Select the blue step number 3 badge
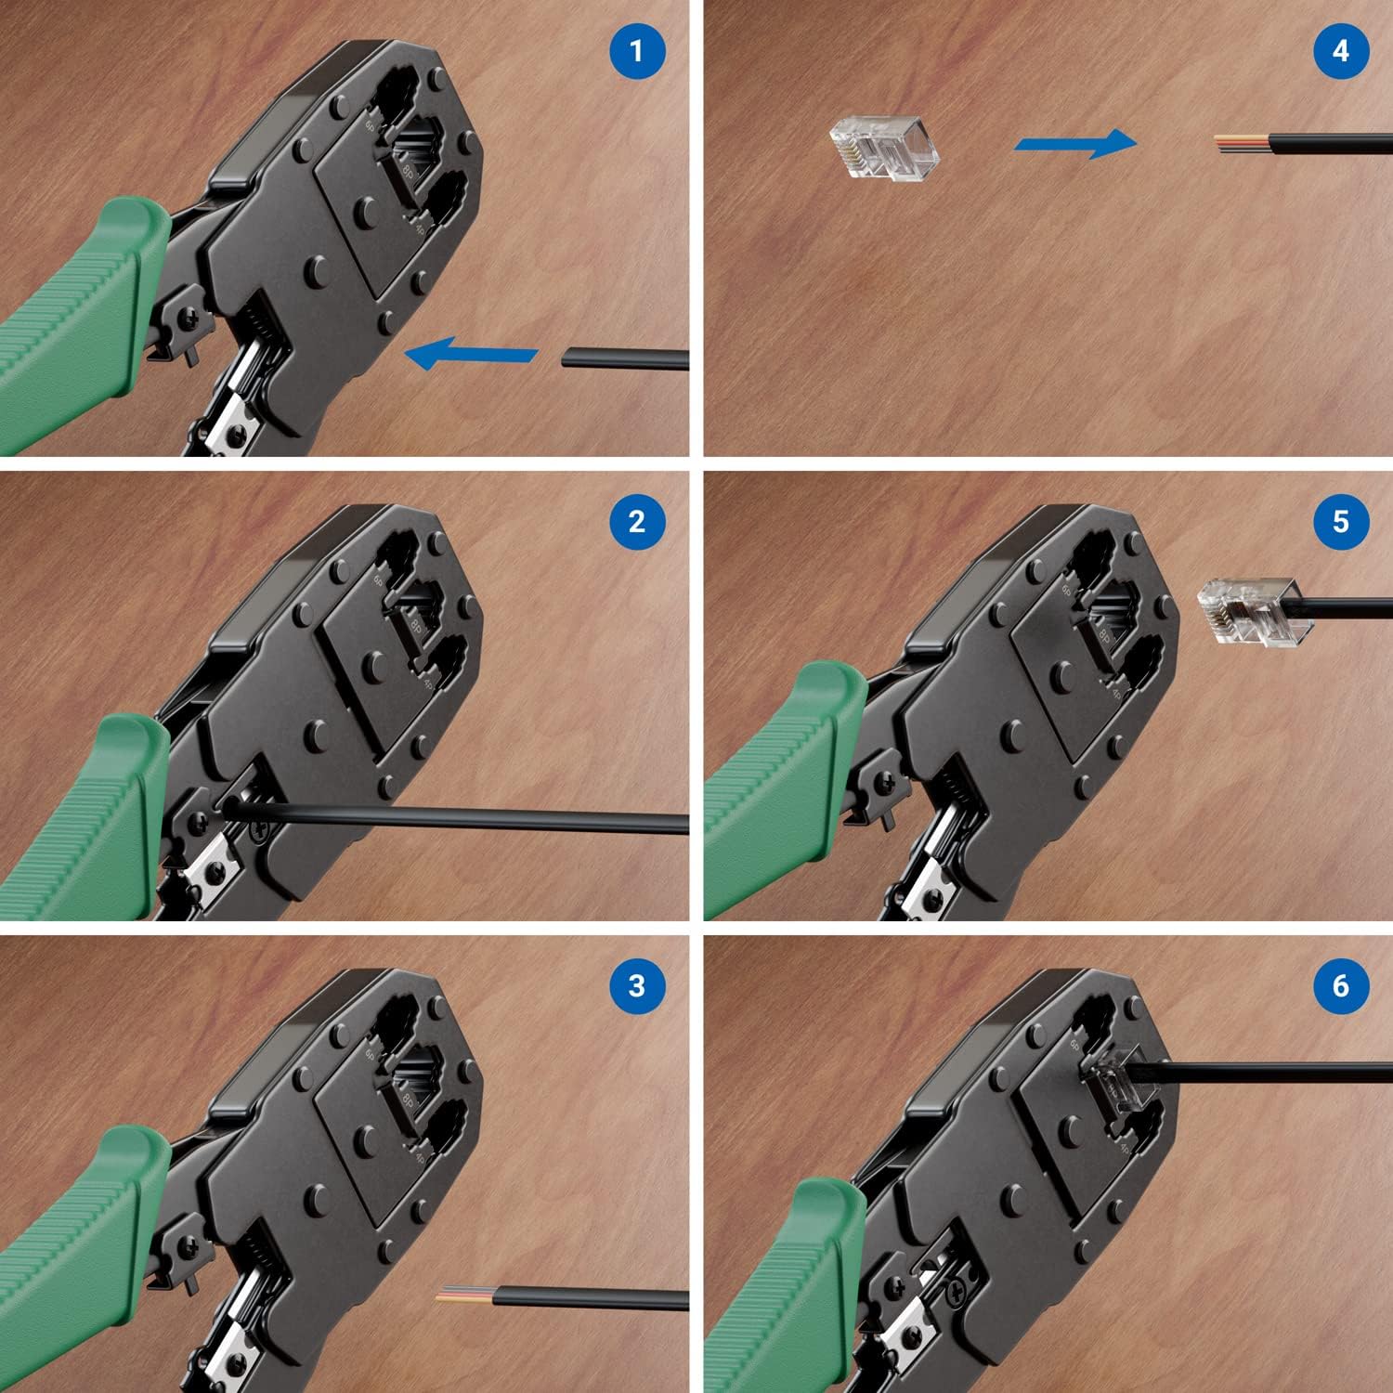tap(637, 984)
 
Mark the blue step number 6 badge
tap(1340, 984)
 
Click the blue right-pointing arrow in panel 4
tap(1075, 143)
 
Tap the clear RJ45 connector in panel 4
tap(883, 147)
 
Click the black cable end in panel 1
tap(624, 358)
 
